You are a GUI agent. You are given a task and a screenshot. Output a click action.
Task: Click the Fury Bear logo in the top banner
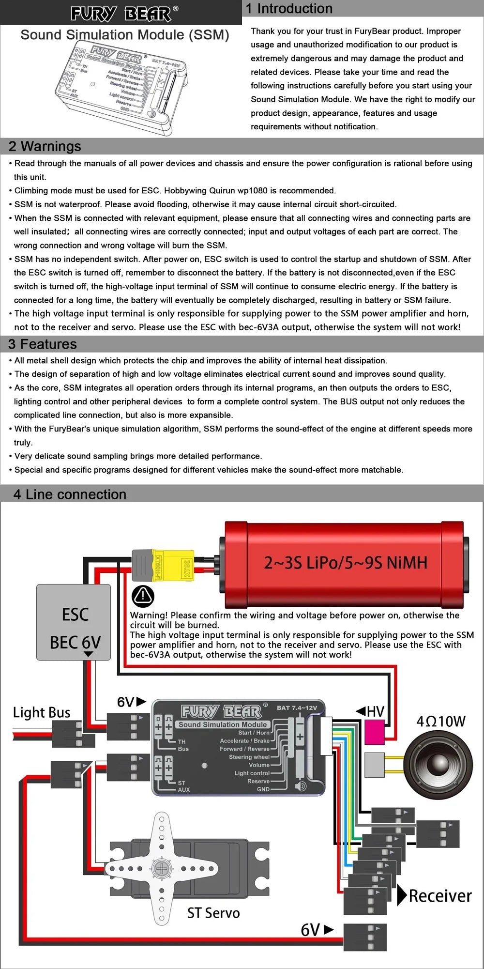[124, 13]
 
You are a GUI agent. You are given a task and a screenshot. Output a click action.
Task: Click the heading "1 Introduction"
[289, 9]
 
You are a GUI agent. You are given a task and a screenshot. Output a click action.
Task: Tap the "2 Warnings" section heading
[45, 146]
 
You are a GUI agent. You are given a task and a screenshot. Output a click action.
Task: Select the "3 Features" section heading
[43, 344]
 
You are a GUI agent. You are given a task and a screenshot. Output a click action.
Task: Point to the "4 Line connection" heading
[70, 494]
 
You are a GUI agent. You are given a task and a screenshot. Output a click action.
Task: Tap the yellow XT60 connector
[173, 565]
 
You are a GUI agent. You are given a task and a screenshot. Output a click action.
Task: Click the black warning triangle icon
[143, 596]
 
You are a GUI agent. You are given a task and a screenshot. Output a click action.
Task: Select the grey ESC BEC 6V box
[74, 622]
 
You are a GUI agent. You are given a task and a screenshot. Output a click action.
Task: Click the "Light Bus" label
[42, 712]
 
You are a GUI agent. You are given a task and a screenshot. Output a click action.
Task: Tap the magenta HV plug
[374, 731]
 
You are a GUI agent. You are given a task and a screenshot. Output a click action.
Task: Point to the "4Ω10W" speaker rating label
[441, 722]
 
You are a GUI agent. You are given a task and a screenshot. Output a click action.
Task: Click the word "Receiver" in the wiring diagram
[440, 896]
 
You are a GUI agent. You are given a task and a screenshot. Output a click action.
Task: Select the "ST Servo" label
[213, 913]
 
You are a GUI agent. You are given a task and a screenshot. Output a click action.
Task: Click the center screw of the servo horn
[162, 868]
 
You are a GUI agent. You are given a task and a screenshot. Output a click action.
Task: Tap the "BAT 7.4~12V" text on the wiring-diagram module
[297, 708]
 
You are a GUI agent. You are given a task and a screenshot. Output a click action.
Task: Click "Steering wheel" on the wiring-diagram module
[249, 757]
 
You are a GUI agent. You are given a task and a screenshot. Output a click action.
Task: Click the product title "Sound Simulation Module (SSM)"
[125, 35]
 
